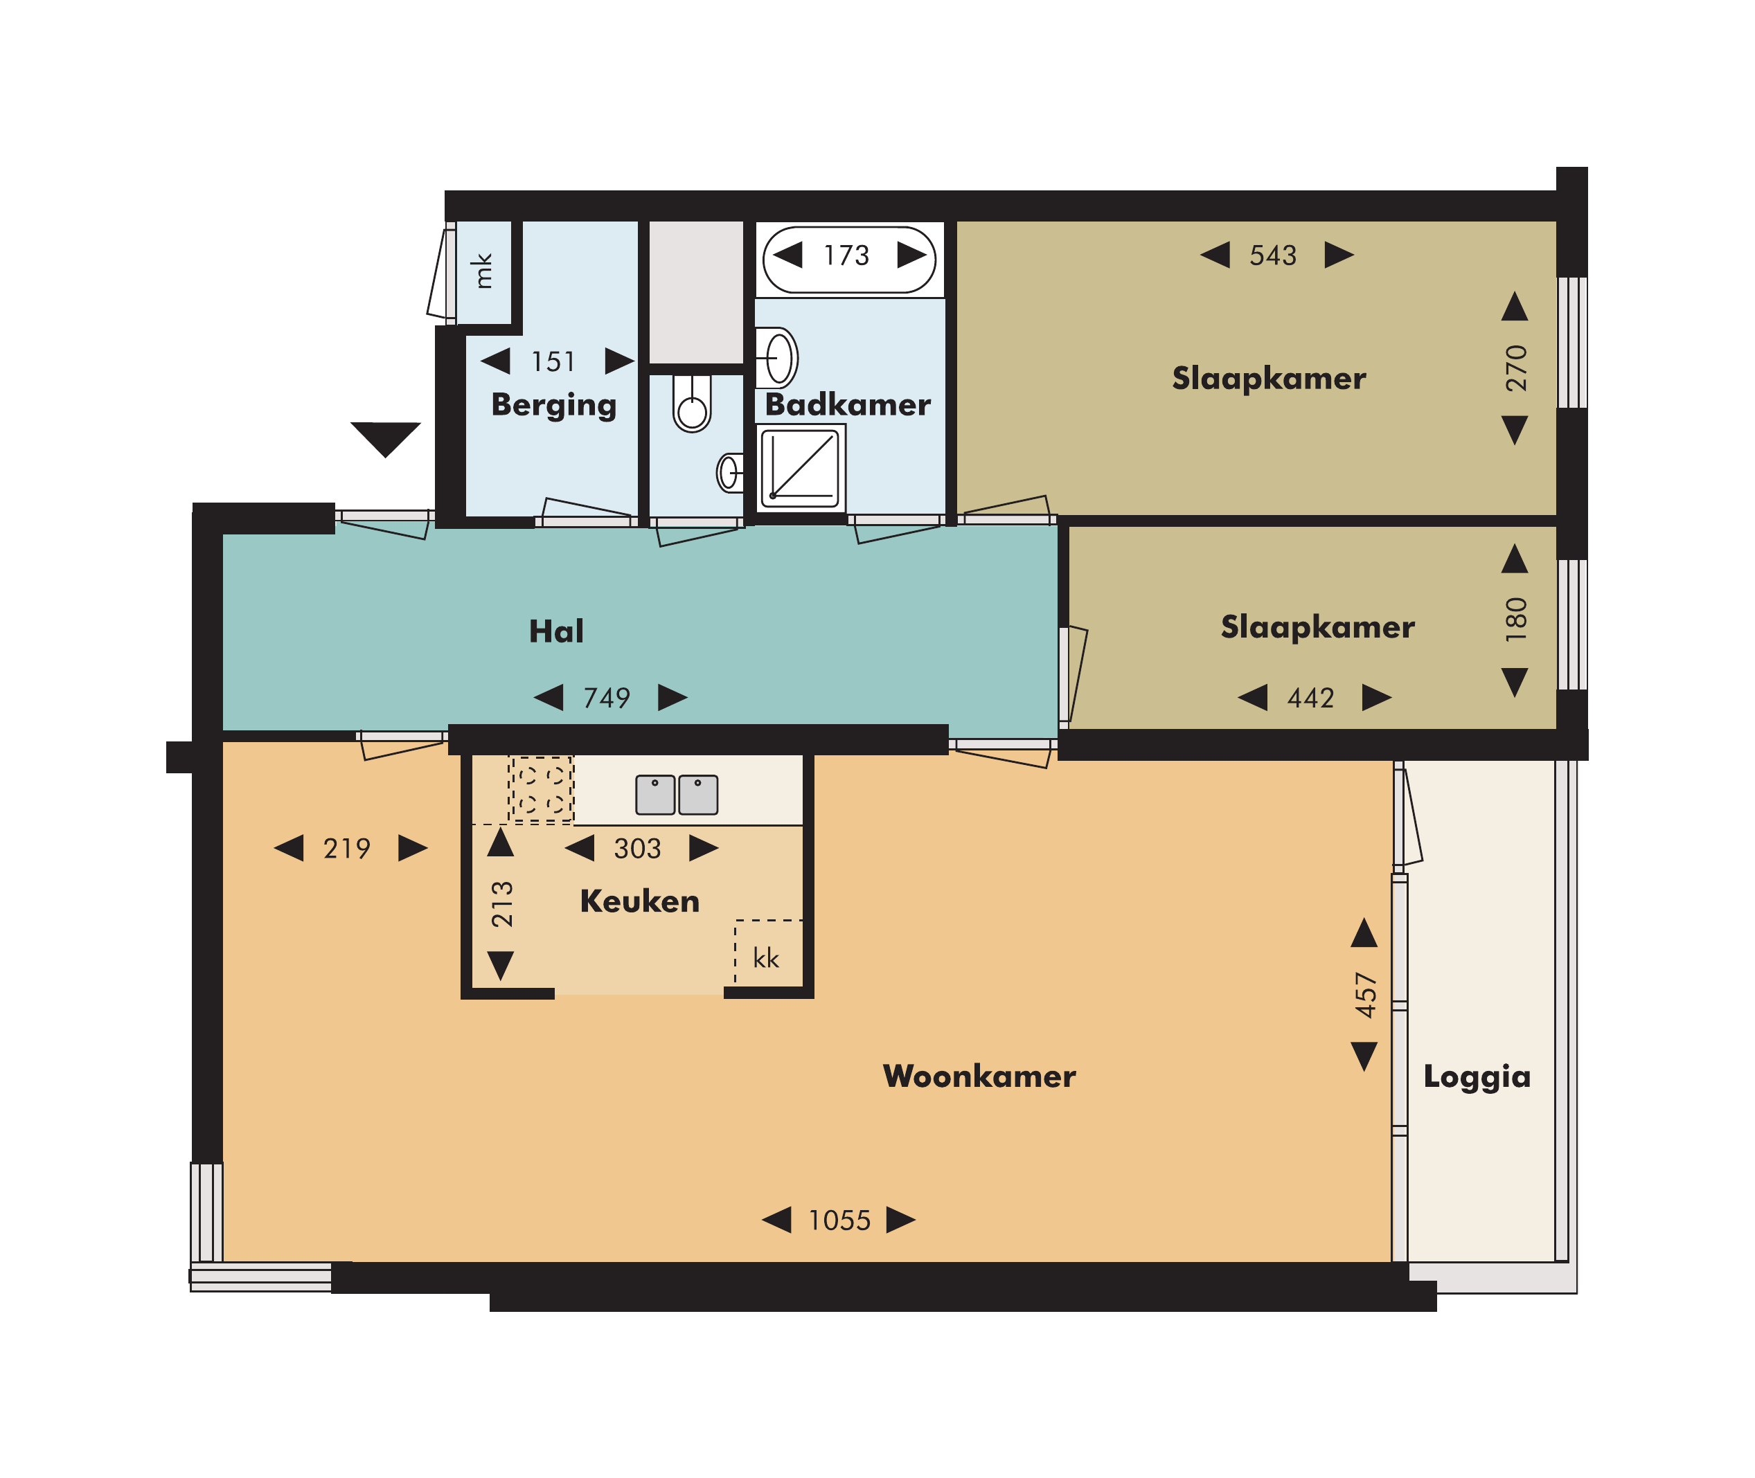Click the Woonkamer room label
tap(979, 1076)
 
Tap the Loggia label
tap(1477, 1077)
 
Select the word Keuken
tap(639, 901)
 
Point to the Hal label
tap(555, 631)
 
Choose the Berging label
tap(554, 406)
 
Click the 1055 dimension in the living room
tap(839, 1220)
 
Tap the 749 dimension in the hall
tap(607, 697)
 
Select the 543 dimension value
tap(1272, 255)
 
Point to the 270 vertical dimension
tap(1516, 368)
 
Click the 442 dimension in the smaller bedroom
tap(1310, 697)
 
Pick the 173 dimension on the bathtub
tap(846, 255)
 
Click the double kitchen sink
tap(677, 794)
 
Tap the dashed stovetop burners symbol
tap(542, 789)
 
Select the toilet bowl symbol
tap(693, 403)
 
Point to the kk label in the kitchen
tap(766, 957)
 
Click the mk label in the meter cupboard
tap(482, 271)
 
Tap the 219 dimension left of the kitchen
tap(346, 848)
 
